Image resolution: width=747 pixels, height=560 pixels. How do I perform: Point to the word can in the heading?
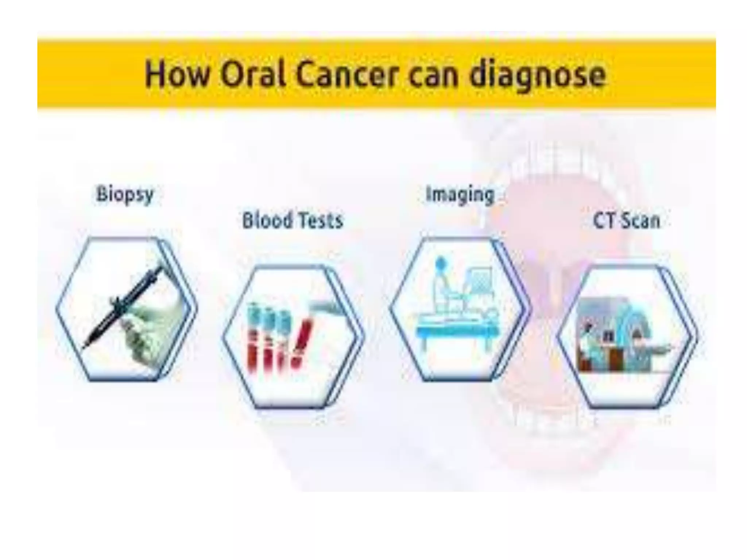(433, 77)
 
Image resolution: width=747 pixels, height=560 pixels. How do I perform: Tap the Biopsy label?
(125, 195)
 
